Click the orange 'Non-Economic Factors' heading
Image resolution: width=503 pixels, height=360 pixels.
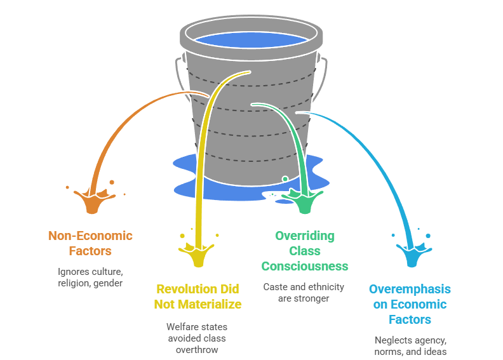[90, 243]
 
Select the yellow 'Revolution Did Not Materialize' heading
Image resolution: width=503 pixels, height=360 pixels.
[199, 297]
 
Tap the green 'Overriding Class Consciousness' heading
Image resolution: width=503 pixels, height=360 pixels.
[305, 251]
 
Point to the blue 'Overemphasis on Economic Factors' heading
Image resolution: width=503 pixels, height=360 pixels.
[410, 304]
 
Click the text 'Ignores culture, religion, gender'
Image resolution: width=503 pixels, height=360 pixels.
[90, 277]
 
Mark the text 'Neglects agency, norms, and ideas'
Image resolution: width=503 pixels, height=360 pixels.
[410, 345]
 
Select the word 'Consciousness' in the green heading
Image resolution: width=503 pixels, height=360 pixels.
[305, 266]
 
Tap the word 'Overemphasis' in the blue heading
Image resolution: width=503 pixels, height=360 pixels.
[410, 289]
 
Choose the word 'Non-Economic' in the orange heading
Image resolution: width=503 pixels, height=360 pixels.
[90, 236]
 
